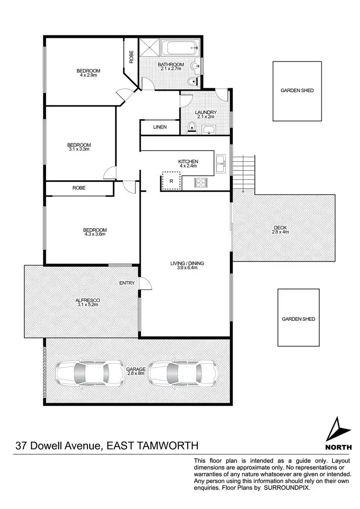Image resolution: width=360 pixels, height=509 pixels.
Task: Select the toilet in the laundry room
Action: click(192, 127)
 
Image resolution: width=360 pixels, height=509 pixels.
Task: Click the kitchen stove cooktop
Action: click(201, 182)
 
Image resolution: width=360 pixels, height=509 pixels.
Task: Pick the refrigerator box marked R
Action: click(171, 181)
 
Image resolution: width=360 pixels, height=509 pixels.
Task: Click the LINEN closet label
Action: click(160, 127)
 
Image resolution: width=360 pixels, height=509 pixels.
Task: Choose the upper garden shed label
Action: click(297, 90)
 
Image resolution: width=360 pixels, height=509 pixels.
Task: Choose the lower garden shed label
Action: click(299, 319)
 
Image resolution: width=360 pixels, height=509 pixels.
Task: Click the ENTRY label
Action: click(127, 283)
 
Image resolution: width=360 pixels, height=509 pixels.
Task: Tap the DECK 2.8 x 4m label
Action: click(281, 230)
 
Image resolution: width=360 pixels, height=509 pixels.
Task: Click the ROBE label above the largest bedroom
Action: click(79, 188)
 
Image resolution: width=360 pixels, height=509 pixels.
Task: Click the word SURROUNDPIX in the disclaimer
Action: click(287, 487)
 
